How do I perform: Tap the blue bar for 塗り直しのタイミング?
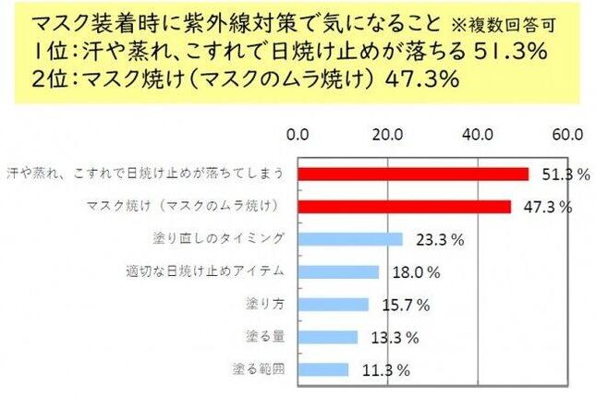point(350,239)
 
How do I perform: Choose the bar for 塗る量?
point(327,337)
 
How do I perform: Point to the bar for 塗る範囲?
point(322,369)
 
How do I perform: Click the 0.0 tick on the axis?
point(298,135)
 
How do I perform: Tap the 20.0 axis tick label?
point(386,135)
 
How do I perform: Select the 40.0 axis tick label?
point(477,135)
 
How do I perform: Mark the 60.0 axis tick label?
point(566,135)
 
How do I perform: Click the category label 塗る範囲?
point(258,369)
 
